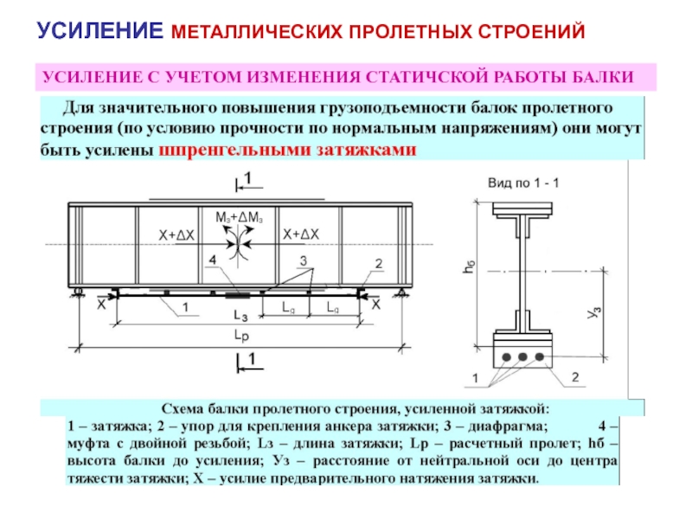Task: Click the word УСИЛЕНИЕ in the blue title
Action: [99, 32]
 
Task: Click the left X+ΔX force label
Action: [176, 234]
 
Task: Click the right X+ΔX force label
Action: [301, 234]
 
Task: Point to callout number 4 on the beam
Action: [213, 259]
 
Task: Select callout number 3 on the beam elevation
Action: [304, 259]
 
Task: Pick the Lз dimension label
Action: [245, 315]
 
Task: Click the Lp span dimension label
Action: [245, 333]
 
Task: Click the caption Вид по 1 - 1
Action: [524, 183]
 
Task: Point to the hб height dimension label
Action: [468, 270]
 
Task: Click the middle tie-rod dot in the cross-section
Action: [522, 356]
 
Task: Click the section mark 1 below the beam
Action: [250, 357]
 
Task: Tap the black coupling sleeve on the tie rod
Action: [234, 295]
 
